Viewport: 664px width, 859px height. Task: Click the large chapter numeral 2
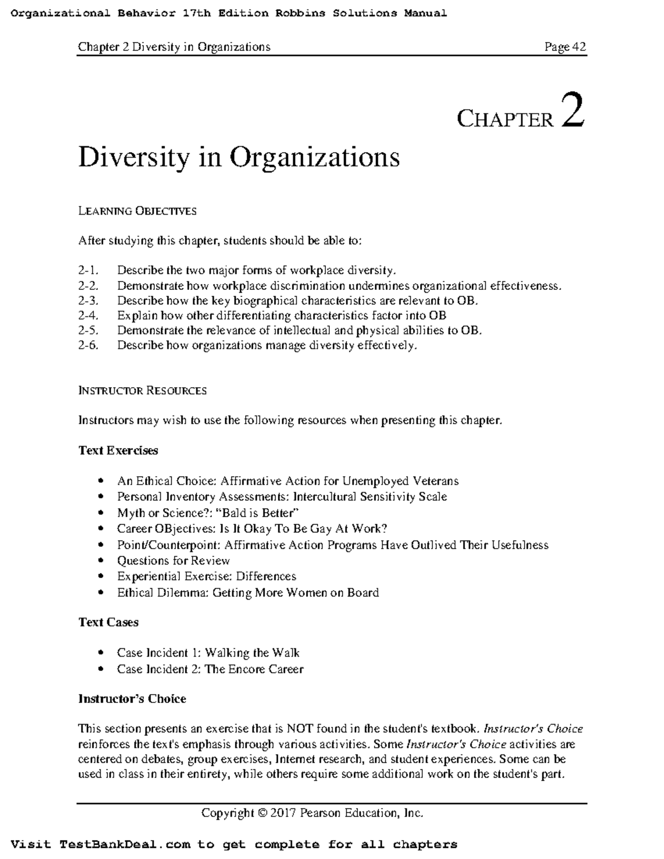pos(572,111)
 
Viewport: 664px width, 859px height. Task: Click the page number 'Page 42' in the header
pos(565,47)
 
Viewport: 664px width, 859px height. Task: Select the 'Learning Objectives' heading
pos(137,211)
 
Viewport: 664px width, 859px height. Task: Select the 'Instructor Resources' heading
pos(142,391)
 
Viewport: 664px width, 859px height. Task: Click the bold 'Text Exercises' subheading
pos(118,451)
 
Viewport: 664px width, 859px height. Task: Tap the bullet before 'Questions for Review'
pos(100,561)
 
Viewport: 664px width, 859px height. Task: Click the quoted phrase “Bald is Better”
pos(260,513)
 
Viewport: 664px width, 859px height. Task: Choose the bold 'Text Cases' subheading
pos(108,623)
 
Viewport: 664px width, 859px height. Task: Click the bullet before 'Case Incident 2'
pos(100,670)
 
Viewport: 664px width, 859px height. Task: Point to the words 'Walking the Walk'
pos(252,653)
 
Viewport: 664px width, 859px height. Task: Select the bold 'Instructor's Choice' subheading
pos(132,699)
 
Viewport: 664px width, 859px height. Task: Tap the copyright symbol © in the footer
pos(262,813)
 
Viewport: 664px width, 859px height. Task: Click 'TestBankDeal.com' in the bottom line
pos(125,845)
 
